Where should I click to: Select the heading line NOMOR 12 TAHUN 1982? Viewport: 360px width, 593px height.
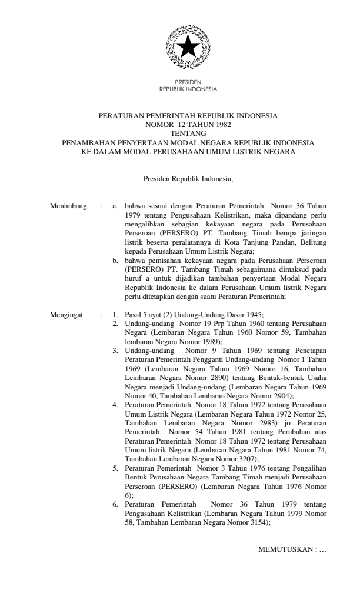click(x=188, y=125)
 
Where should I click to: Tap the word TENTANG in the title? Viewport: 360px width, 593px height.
click(x=188, y=134)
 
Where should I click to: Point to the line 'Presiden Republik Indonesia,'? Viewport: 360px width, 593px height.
click(x=188, y=178)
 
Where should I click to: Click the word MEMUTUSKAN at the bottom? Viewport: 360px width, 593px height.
click(x=285, y=549)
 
